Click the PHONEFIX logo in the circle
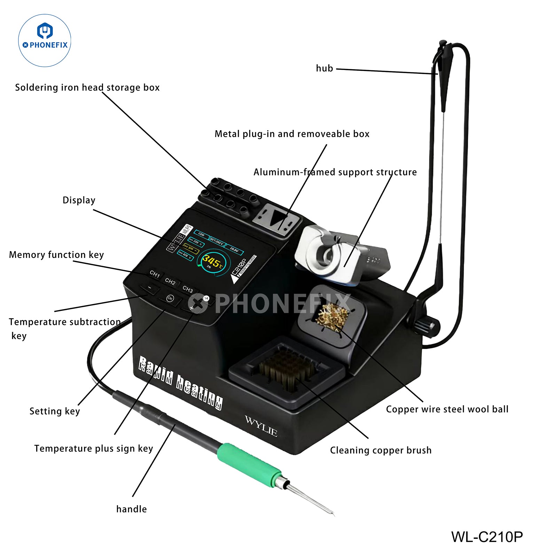(x=45, y=40)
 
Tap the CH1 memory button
(x=155, y=274)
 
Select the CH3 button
(x=188, y=289)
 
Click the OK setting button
(x=170, y=298)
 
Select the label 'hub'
(x=324, y=69)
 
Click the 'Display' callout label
(x=79, y=200)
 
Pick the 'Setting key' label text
(x=55, y=411)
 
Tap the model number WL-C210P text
(x=487, y=537)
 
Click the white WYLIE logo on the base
(x=261, y=425)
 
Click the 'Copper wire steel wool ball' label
(x=447, y=409)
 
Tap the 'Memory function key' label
(x=56, y=255)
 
